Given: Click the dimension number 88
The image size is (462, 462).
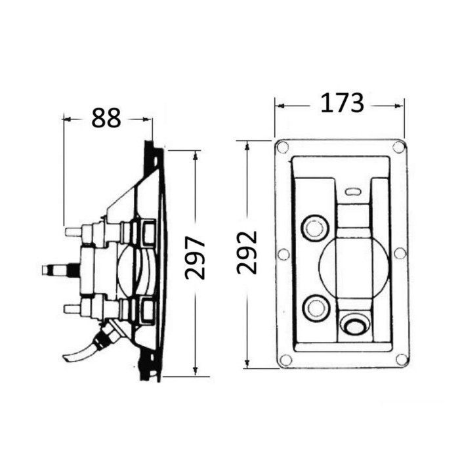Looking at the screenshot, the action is pos(106,118).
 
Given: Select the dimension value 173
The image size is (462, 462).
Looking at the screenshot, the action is pos(342,103).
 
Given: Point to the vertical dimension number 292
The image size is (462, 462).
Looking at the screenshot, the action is pos(247,253).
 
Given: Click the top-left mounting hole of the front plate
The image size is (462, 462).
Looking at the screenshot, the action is pos(282,146).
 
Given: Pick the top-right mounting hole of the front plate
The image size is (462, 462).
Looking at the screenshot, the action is pos(398,147).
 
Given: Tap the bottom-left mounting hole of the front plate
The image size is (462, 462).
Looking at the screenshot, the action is pos(285,360).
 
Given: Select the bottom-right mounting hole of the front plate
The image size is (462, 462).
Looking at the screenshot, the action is pos(402,360).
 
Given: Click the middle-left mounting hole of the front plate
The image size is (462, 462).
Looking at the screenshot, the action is pos(283,254).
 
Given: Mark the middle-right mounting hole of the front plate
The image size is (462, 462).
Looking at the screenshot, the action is pos(400,253).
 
